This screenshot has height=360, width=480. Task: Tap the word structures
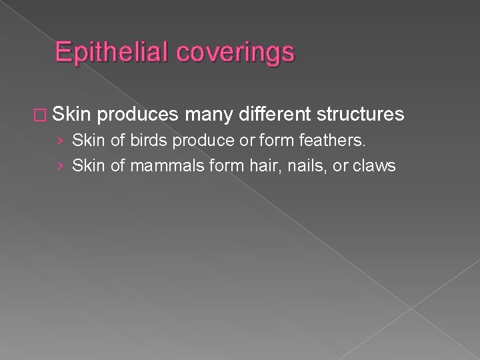pos(360,115)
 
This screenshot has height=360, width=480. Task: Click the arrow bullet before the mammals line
pos(61,166)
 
